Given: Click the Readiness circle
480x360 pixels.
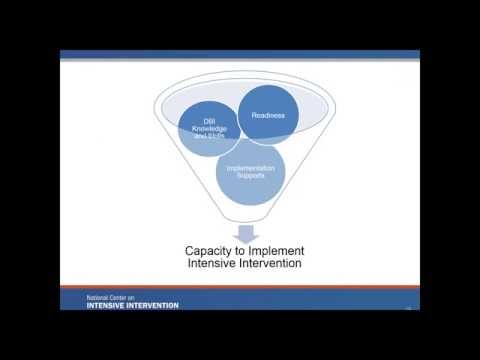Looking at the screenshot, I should pyautogui.click(x=268, y=115).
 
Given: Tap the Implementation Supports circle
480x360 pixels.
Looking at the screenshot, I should pyautogui.click(x=250, y=170).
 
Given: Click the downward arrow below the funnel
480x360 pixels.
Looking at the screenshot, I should pyautogui.click(x=244, y=234).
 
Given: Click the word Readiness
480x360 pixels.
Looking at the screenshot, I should pyautogui.click(x=268, y=116).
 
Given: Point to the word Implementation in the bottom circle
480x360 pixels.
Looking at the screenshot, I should pyautogui.click(x=250, y=168).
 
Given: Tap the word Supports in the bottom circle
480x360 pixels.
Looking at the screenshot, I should pyautogui.click(x=250, y=175).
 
